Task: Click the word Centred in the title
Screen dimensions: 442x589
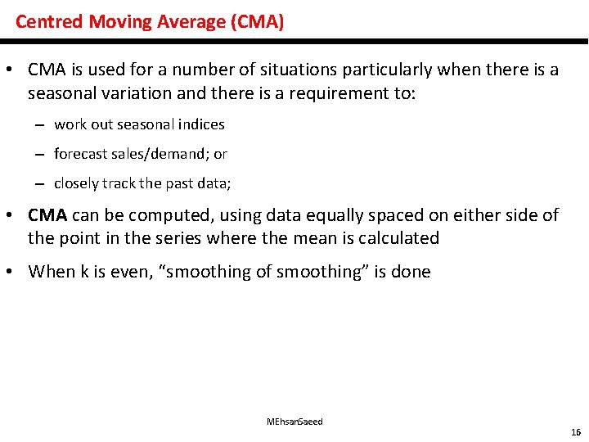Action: pos(48,21)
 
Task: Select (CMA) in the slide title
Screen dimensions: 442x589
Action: pos(258,21)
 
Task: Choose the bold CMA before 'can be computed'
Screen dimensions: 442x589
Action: pos(47,215)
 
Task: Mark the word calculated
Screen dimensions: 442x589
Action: pos(398,238)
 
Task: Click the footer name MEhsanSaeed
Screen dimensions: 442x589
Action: pos(294,422)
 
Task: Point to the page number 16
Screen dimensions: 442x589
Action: pos(576,431)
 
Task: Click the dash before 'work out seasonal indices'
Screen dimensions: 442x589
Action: pos(39,124)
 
